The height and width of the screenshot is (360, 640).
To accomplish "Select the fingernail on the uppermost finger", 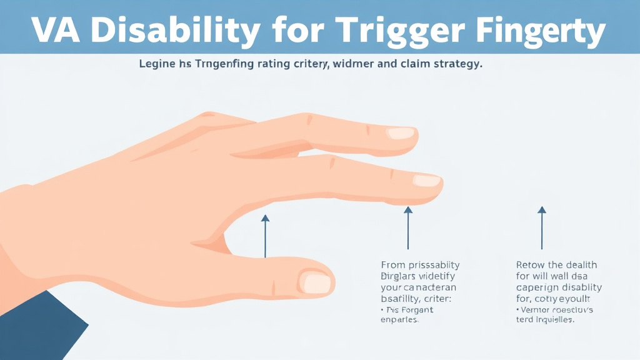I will (400, 133).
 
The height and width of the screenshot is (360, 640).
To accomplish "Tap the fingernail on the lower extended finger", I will (427, 181).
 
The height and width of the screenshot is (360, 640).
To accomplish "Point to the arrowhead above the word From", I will (408, 211).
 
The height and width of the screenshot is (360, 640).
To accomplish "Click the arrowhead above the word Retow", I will (542, 211).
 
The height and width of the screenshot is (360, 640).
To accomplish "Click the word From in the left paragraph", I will (393, 265).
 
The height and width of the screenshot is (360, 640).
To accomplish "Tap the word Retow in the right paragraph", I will (531, 265).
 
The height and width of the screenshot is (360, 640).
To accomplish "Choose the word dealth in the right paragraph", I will (581, 265).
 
